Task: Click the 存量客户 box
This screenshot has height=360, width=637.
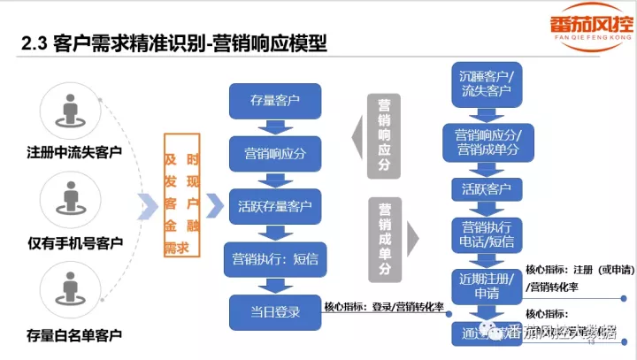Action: [x=275, y=100]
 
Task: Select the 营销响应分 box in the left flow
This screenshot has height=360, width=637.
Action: [x=275, y=153]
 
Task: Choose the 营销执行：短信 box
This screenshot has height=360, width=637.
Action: [x=275, y=259]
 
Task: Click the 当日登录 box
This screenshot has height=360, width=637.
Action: [x=275, y=311]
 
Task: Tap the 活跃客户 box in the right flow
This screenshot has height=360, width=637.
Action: [x=487, y=188]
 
